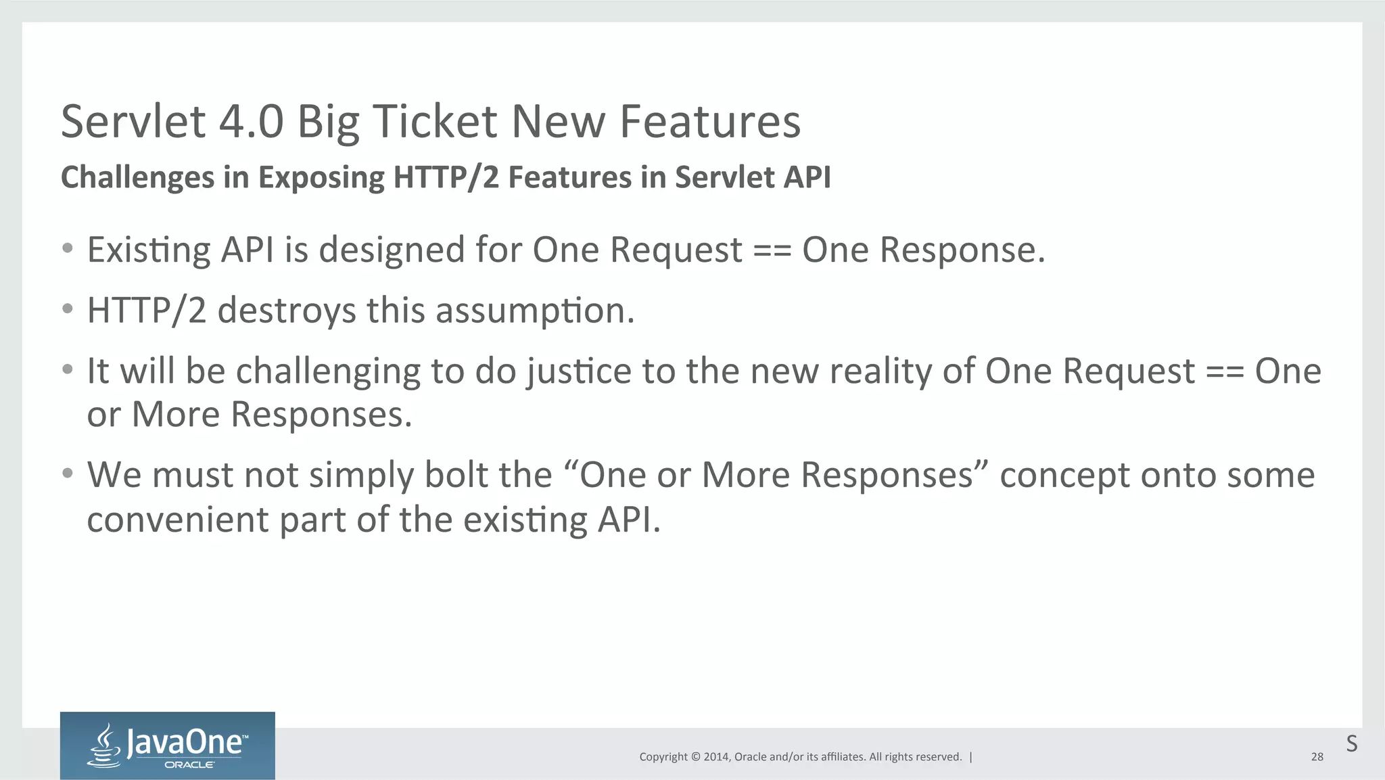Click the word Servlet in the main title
(x=133, y=122)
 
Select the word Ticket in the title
(x=435, y=122)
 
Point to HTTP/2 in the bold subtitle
(x=446, y=178)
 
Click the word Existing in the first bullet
(x=149, y=250)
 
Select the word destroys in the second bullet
(x=286, y=311)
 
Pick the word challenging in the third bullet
(x=327, y=372)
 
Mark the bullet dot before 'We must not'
(x=67, y=473)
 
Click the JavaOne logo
(x=167, y=745)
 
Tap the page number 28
(x=1317, y=757)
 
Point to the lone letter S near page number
(x=1351, y=743)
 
